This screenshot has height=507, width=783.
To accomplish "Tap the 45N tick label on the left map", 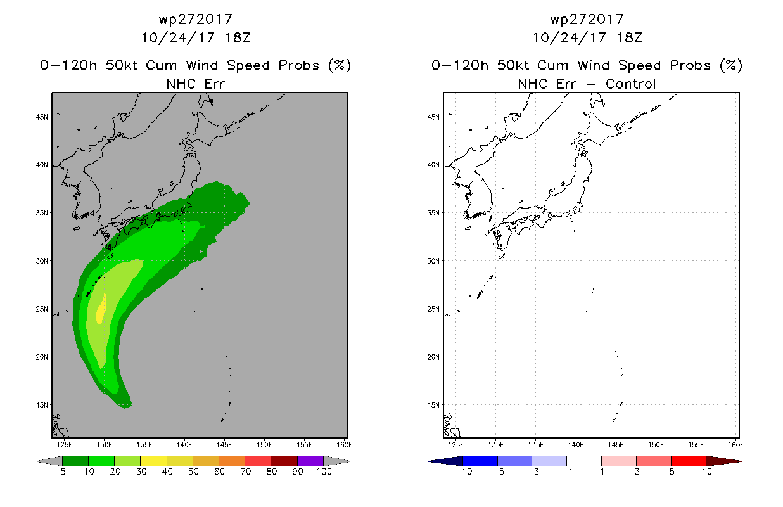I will pyautogui.click(x=42, y=117).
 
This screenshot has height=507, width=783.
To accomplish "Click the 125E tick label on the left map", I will pyautogui.click(x=63, y=444).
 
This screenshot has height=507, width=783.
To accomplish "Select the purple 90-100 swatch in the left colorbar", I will pyautogui.click(x=310, y=461).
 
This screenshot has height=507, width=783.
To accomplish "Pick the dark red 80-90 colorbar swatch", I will pyautogui.click(x=284, y=461).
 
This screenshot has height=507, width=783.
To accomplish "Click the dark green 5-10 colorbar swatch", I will pyautogui.click(x=75, y=461).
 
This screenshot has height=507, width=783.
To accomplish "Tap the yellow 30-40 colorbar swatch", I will pyautogui.click(x=153, y=461).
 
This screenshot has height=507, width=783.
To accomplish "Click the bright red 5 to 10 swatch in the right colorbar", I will pyautogui.click(x=688, y=461).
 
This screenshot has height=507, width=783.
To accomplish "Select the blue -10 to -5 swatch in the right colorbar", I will pyautogui.click(x=480, y=461).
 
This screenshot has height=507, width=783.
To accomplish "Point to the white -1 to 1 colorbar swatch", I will pyautogui.click(x=584, y=461).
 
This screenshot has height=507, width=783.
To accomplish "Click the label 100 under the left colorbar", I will pyautogui.click(x=324, y=472).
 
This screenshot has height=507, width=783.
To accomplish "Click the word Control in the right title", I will pyautogui.click(x=630, y=84).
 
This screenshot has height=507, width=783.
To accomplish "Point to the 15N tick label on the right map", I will pyautogui.click(x=433, y=405).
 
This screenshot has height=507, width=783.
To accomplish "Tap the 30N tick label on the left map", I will pyautogui.click(x=42, y=261).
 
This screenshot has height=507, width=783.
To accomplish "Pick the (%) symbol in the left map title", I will pyautogui.click(x=339, y=65).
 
